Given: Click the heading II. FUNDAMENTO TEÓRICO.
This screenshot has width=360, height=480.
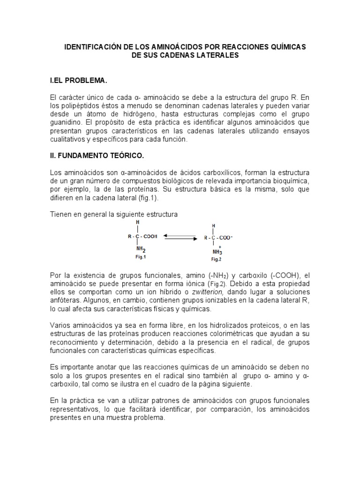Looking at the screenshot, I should coord(95,155).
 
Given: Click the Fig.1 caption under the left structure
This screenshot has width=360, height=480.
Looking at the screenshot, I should coord(140,257).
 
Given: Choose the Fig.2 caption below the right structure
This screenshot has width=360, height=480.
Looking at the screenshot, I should coord(216,259).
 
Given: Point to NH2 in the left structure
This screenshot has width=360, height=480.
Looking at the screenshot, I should coord(141,250).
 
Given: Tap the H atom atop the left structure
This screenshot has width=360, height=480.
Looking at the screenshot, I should coord(137,222).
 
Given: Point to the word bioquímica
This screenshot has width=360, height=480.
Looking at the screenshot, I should coord(293,181).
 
